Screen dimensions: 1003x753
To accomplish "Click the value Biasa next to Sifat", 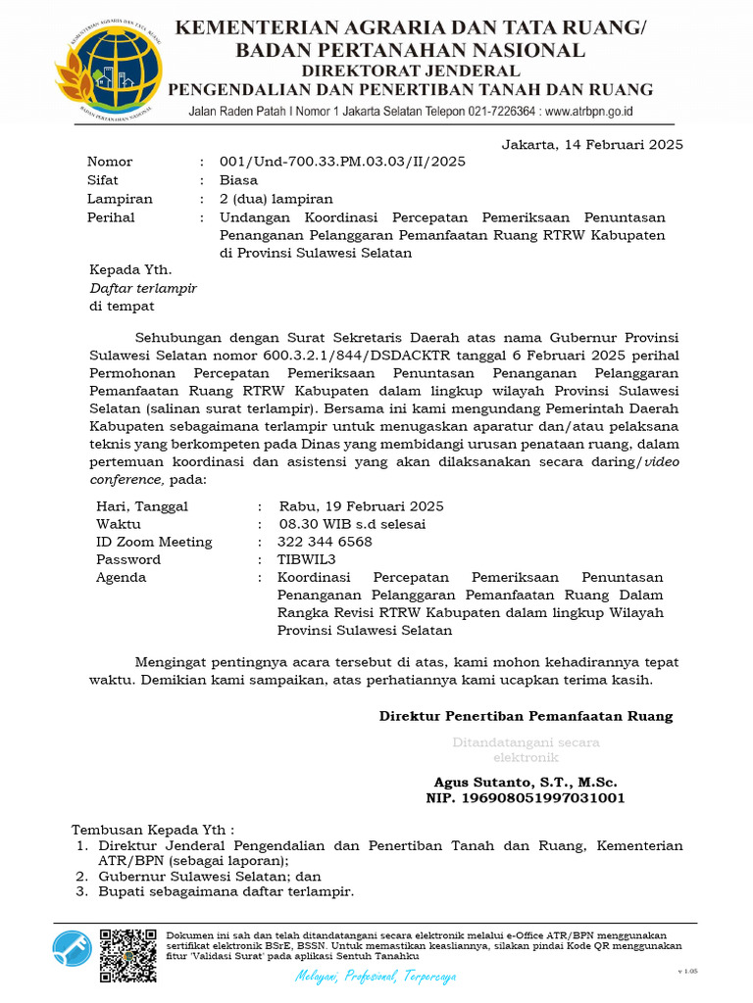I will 238,180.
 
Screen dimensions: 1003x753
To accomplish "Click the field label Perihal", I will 111,217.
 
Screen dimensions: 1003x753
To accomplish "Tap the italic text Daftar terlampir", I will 143,288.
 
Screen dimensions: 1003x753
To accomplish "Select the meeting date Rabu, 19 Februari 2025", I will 361,506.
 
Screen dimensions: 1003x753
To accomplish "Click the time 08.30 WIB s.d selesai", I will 352,524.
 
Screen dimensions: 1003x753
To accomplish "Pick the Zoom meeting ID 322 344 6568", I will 325,542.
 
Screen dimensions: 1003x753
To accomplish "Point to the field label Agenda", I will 121,577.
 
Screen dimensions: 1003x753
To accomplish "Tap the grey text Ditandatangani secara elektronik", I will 526,750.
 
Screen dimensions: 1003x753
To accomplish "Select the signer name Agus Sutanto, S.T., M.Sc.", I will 526,783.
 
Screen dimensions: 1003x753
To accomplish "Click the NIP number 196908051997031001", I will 526,798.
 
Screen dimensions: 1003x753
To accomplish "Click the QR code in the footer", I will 128,954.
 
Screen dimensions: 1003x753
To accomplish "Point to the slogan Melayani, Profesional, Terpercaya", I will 376,977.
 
